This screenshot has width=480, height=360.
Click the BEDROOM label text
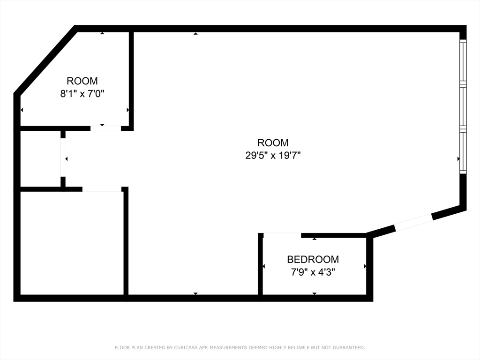313,259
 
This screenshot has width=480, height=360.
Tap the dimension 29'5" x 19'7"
273,156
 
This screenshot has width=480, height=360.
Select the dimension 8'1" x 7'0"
82,93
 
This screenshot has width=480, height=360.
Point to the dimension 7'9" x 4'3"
313,272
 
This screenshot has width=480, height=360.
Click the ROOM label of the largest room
273,142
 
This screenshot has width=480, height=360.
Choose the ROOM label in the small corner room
82,81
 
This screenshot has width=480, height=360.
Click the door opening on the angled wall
413,223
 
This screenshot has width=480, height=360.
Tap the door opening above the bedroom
282,235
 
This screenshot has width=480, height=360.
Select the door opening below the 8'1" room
105,128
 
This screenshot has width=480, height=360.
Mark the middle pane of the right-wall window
463,106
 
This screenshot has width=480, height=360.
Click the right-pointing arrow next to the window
458,159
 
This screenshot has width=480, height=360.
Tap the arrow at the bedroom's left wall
264,266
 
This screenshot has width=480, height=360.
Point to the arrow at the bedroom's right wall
365,266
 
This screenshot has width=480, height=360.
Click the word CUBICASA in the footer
185,347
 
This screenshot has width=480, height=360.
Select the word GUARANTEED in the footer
349,347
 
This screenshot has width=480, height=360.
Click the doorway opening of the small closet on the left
63,157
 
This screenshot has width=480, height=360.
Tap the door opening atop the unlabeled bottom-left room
102,189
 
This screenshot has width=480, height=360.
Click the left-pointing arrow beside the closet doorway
67,159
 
